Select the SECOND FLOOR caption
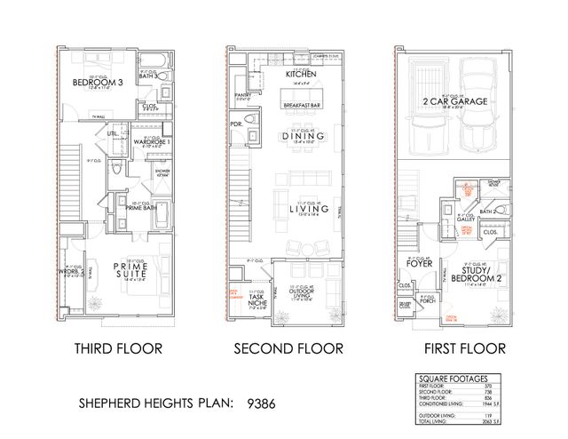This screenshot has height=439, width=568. click(286, 348)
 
